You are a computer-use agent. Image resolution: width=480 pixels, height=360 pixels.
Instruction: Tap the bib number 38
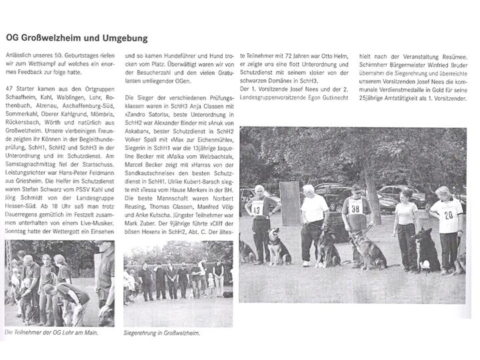pos(355,207)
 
